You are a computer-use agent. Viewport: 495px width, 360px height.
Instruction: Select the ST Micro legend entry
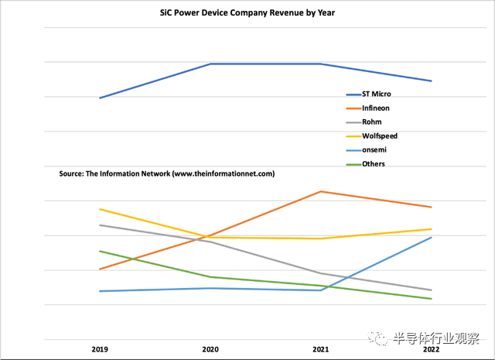[x=376, y=94]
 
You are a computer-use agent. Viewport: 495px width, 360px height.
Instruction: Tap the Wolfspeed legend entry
[x=378, y=136]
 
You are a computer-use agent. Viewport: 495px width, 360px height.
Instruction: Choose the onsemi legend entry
[x=374, y=150]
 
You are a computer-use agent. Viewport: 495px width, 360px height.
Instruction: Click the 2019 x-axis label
[x=100, y=351]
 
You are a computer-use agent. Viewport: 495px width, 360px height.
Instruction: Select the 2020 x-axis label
[x=210, y=351]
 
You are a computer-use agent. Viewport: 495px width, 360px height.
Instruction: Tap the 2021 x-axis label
[x=321, y=351]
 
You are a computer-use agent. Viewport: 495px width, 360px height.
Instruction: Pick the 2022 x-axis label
[x=431, y=351]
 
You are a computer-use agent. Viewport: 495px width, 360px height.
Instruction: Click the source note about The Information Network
[x=166, y=174]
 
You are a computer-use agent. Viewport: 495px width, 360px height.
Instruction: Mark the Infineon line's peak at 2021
[x=321, y=191]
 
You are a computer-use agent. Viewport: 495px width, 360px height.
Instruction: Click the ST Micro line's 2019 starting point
[x=100, y=98]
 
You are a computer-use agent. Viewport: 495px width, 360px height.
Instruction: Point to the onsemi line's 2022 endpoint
[x=431, y=237]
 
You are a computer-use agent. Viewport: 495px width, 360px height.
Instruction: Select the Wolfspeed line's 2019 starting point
[x=100, y=209]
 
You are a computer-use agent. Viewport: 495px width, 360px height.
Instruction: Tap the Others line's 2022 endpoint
[x=431, y=299]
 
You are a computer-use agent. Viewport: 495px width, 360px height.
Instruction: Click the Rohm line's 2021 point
[x=321, y=273]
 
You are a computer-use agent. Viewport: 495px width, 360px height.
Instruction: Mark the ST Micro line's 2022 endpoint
[x=431, y=81]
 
